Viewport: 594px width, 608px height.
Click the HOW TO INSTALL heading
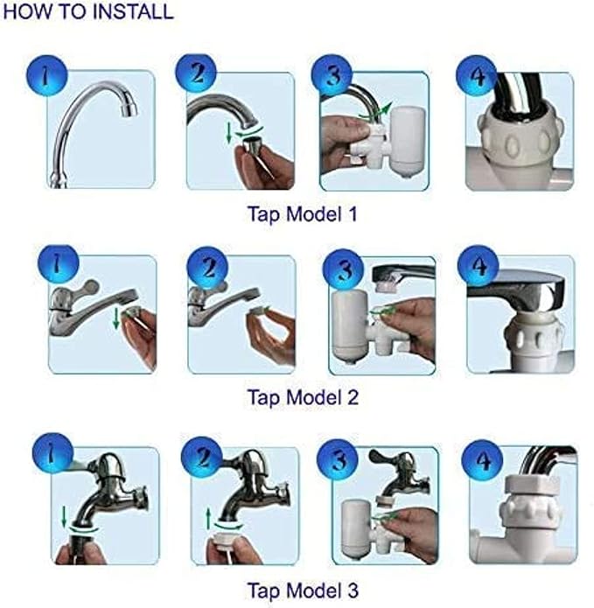88,11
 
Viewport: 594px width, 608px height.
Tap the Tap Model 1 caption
303,213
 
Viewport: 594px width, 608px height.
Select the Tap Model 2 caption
303,397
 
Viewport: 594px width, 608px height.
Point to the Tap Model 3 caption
303,591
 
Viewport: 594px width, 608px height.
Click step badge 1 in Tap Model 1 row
47,75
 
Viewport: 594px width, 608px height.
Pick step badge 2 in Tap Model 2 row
208,267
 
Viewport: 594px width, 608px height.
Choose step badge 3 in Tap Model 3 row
338,460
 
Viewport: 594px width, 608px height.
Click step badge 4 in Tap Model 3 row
482,460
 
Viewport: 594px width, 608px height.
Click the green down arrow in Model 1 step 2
229,133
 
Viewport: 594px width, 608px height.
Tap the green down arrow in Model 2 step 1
116,319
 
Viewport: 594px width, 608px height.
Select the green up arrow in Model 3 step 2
208,519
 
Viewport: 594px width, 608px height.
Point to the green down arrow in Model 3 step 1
65,516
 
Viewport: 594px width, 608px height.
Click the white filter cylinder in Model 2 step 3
348,325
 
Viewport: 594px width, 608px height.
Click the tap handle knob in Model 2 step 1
89,287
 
